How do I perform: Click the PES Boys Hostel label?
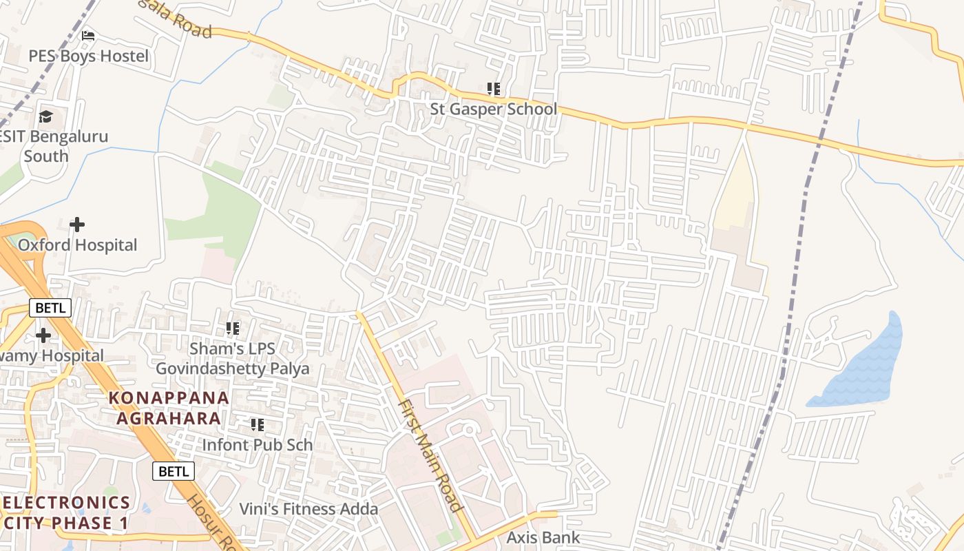(x=88, y=56)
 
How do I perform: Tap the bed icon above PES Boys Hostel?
(x=88, y=35)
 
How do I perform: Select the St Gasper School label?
(x=493, y=109)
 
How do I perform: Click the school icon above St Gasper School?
(x=493, y=89)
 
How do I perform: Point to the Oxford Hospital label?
(x=77, y=245)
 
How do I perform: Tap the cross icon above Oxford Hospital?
(x=77, y=225)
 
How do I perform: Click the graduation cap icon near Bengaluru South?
(x=45, y=116)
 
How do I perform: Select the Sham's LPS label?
(x=233, y=349)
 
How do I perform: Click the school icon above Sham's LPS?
(x=233, y=329)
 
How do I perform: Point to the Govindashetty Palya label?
(x=233, y=368)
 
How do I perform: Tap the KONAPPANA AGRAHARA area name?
(x=169, y=408)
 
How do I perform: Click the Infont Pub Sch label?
(x=257, y=445)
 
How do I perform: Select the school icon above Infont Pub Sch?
(x=258, y=425)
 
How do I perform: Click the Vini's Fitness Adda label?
(x=308, y=509)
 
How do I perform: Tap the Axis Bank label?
(x=543, y=537)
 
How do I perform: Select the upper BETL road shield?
(x=50, y=308)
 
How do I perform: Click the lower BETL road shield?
(x=174, y=471)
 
